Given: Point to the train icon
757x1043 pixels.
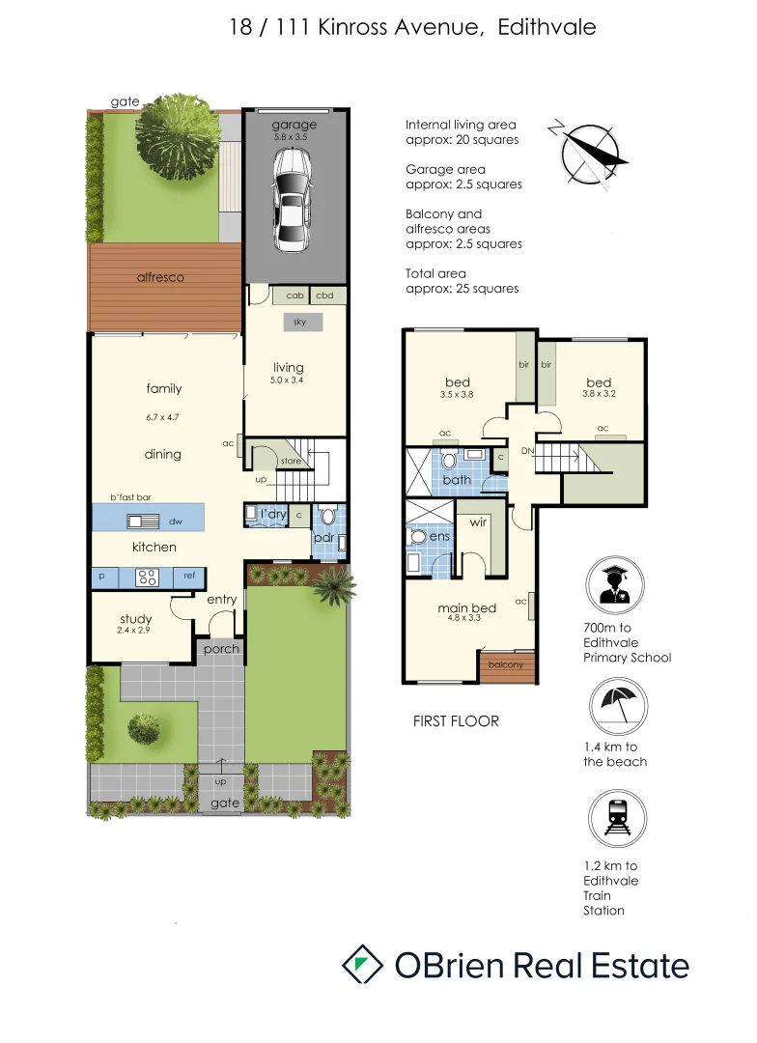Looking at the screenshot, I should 615,821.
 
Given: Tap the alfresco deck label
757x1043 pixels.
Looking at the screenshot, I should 159,277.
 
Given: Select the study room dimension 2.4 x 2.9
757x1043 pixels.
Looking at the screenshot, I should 136,632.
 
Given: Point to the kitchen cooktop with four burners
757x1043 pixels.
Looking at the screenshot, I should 148,578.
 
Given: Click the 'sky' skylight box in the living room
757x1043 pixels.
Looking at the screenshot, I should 300,323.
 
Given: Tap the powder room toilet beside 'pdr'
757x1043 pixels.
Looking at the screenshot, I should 327,516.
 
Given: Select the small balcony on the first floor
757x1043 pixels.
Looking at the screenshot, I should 506,665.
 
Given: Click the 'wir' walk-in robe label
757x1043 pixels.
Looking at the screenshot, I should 477,522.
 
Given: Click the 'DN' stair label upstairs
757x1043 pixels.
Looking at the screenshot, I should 527,451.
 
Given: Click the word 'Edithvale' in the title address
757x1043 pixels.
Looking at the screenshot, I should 547,27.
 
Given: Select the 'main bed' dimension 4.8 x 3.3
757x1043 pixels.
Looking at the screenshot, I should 466,621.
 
